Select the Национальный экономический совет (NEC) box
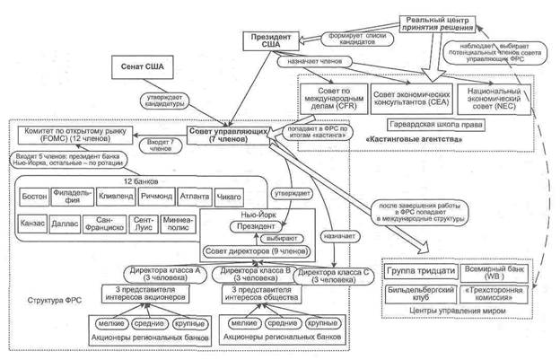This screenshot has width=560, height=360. point(494,97)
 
